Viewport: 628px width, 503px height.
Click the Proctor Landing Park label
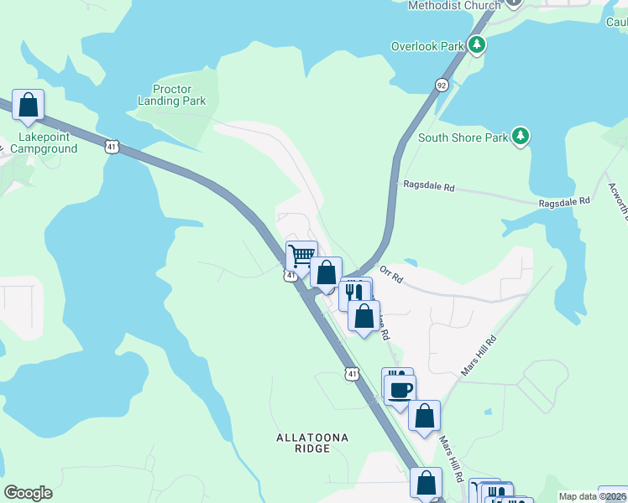[x=171, y=95]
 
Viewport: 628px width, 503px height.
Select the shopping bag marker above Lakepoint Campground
[x=29, y=105]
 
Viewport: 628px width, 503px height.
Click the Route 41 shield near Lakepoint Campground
[x=112, y=146]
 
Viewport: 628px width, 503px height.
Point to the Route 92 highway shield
[x=441, y=85]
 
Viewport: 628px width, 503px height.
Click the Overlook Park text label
[x=427, y=46]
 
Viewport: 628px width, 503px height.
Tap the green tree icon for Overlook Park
[x=477, y=44]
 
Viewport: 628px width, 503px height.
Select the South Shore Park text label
[x=463, y=137]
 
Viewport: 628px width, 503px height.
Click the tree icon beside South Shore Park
[x=521, y=136]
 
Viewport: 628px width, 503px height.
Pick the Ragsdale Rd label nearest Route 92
[x=428, y=186]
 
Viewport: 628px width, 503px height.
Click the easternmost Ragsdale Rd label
[x=564, y=201]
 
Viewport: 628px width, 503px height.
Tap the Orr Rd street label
[x=391, y=274]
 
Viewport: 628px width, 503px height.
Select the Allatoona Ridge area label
[x=312, y=443]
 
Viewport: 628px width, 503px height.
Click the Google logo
[x=28, y=493]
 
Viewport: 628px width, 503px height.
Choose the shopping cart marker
[x=301, y=255]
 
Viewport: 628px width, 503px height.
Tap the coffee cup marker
[x=400, y=390]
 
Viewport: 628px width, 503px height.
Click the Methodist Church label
[x=453, y=5]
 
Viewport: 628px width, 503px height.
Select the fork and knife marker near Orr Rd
[x=353, y=293]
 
